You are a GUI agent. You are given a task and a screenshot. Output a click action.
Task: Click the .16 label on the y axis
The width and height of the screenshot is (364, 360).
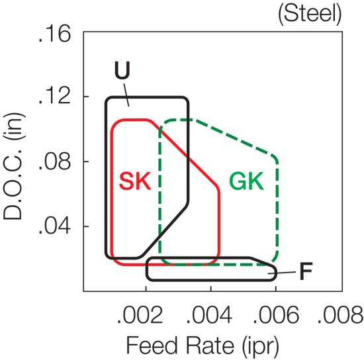tap(54, 34)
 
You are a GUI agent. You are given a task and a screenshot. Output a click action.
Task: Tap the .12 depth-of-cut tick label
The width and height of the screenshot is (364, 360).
tap(54, 97)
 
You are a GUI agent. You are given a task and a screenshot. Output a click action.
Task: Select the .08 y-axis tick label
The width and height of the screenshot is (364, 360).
tap(54, 161)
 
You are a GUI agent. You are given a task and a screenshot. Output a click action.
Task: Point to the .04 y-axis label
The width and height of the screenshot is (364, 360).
tap(54, 226)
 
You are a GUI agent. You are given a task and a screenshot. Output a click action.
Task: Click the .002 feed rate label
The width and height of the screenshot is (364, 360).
tap(140, 315)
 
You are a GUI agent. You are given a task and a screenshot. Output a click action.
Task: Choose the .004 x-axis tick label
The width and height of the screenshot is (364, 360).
tap(209, 315)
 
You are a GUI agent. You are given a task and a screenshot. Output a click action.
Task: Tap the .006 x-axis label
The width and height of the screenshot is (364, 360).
tap(276, 315)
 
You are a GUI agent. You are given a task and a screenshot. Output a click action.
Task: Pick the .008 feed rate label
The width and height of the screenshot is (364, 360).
tap(341, 315)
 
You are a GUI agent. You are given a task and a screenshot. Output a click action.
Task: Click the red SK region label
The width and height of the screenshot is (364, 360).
tap(135, 181)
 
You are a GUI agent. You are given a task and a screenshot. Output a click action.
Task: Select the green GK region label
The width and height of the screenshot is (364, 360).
tap(247, 181)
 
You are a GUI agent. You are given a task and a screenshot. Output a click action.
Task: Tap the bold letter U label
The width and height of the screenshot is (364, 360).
tap(122, 70)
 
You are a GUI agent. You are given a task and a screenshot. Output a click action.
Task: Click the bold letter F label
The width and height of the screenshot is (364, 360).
tap(306, 271)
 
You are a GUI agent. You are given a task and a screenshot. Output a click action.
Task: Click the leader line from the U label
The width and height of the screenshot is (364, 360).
tap(126, 95)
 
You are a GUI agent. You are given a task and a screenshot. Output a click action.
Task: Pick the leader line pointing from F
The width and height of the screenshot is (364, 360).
tap(282, 273)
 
